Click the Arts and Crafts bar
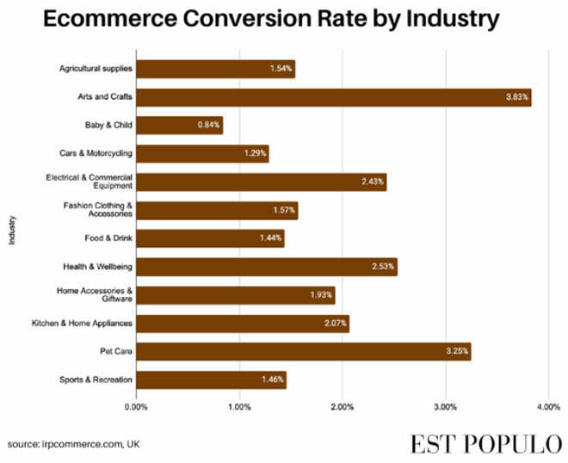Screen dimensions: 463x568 click(333, 97)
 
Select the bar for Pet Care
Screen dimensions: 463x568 click(303, 352)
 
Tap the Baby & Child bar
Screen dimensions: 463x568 click(179, 126)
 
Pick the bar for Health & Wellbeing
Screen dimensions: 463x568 click(266, 267)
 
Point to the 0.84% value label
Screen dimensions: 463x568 click(209, 126)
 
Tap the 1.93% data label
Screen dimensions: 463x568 click(321, 295)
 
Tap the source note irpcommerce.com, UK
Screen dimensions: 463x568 click(74, 443)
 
